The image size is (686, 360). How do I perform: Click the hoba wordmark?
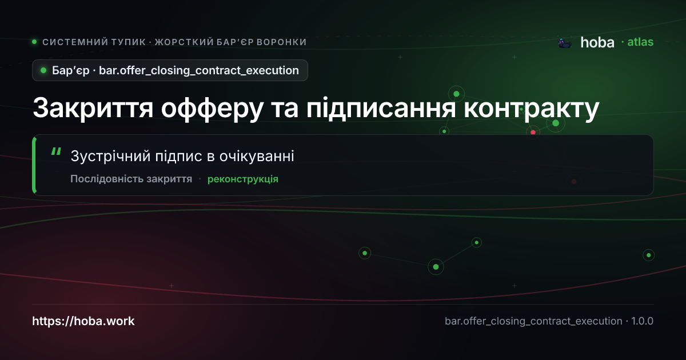coord(597,42)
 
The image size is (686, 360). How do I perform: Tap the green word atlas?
coord(640,42)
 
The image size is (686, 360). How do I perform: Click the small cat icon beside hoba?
coord(565,43)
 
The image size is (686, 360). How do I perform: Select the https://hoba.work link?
coord(83,321)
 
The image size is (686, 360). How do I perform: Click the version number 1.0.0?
coord(642,321)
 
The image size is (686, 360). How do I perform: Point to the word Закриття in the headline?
coord(93,108)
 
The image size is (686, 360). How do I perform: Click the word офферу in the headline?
coord(212,109)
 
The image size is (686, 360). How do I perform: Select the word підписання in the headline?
coord(381,109)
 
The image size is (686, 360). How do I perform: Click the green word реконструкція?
coord(243,179)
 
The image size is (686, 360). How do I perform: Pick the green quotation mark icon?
coord(56,151)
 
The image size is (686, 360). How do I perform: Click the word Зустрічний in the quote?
coord(110,156)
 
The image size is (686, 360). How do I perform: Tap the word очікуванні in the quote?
coord(257,156)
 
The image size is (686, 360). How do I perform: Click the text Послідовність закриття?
coord(131,179)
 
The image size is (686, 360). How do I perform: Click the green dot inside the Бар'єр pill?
coord(43,70)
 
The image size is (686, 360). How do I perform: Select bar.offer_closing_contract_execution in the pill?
coord(199,71)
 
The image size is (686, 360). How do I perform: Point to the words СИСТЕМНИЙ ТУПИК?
coord(94,42)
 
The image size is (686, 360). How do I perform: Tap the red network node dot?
coord(533,132)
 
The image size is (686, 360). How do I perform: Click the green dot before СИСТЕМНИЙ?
coord(34,42)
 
